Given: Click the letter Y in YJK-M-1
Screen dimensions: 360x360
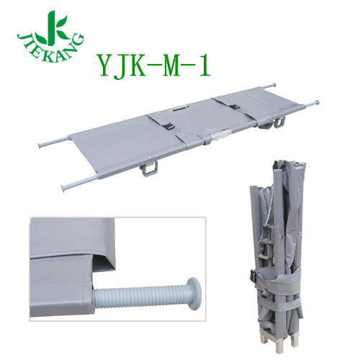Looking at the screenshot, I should point(103,66).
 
